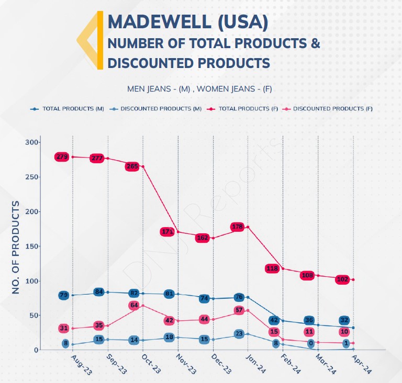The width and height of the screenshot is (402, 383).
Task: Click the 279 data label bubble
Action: point(62,156)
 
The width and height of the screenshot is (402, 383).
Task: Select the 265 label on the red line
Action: point(132,166)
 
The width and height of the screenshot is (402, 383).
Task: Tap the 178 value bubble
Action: point(238,227)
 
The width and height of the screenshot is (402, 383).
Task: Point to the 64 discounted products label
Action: point(134,305)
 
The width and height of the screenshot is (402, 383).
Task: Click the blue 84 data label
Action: point(99,291)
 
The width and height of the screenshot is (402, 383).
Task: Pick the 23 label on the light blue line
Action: point(239,334)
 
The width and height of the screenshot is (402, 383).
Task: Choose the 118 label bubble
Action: point(273,268)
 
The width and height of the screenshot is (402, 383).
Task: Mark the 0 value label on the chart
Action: point(310,344)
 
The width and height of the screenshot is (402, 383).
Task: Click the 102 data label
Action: point(343,279)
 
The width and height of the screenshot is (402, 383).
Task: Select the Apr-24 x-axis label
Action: point(362,364)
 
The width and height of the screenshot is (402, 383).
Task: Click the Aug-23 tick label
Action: point(81,364)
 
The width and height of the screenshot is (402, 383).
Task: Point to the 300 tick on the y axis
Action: point(32,142)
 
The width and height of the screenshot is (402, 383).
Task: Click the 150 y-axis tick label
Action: point(32,246)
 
